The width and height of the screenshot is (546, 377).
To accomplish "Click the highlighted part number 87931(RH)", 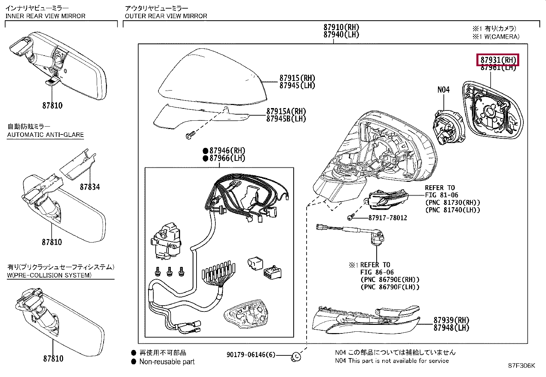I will coord(498,60).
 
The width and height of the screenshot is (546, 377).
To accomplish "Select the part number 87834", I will coord(90,187).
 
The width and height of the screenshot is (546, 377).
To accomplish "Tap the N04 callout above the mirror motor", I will coord(443,90).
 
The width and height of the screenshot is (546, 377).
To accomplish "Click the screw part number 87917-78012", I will coord(388,218).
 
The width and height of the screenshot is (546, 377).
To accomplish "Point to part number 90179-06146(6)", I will coord(251,355).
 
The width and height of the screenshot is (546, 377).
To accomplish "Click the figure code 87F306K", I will coord(521,366).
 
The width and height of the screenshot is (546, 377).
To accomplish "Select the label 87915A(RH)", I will coord(286,111).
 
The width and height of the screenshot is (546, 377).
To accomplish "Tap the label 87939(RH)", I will coord(451,320).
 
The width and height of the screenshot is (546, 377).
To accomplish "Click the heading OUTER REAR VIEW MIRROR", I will coord(166,16).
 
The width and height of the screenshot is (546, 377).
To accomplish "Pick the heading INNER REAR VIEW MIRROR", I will coord(45,16).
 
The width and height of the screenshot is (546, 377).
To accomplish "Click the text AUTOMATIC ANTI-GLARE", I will coord(45,134).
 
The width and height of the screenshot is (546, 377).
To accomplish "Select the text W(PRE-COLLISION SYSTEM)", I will coord(49,275).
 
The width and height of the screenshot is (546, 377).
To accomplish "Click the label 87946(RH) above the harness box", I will coord(227,151).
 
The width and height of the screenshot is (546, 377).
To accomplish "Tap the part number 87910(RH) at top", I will coord(341,27).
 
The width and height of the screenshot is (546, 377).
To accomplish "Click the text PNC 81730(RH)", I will coord(453,203).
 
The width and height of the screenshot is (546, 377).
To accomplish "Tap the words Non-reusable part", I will coord(167,362).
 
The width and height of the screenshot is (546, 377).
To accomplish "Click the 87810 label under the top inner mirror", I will coord(52,105).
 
